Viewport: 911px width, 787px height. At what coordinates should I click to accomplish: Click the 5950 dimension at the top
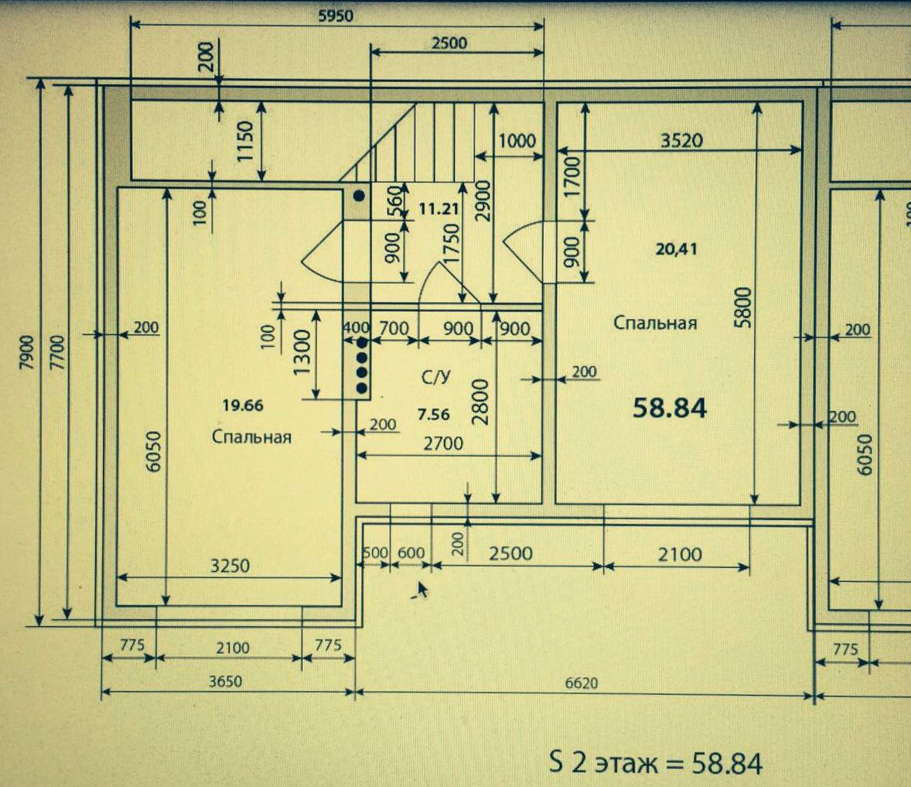[335, 15]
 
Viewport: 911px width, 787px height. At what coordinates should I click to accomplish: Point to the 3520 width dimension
[681, 140]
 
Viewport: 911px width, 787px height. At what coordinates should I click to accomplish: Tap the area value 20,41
[676, 249]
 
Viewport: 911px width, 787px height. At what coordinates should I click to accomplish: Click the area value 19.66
[243, 404]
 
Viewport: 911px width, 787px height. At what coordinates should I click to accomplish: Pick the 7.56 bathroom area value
[433, 415]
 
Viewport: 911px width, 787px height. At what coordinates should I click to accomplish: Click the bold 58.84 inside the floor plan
[669, 408]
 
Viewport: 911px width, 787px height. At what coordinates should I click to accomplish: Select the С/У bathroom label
[434, 378]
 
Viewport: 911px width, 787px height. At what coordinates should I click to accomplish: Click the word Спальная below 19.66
[251, 437]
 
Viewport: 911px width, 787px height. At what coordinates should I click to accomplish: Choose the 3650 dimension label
[226, 682]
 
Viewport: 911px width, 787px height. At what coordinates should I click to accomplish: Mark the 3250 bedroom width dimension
[230, 566]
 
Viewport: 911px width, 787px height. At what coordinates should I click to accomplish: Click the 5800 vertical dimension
[742, 308]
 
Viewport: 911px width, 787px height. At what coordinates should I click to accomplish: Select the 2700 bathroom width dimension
[443, 443]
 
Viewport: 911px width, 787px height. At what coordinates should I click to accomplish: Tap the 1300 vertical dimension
[302, 353]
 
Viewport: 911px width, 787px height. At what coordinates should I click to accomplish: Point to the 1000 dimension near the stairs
[516, 140]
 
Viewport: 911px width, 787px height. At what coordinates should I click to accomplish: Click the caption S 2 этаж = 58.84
[655, 764]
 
